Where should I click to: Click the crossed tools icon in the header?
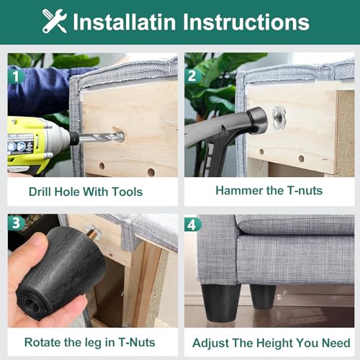tap(55, 21)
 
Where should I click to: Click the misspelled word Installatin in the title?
tap(125, 22)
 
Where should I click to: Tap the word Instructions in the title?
tap(246, 22)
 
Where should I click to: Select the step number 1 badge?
tap(16, 76)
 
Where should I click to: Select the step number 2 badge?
tap(192, 76)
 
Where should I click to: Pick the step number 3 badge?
tap(16, 223)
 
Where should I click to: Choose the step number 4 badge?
tap(193, 225)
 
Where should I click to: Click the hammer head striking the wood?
tap(257, 120)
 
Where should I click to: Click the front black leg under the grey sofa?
tap(221, 303)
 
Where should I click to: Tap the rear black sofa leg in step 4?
tap(263, 297)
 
